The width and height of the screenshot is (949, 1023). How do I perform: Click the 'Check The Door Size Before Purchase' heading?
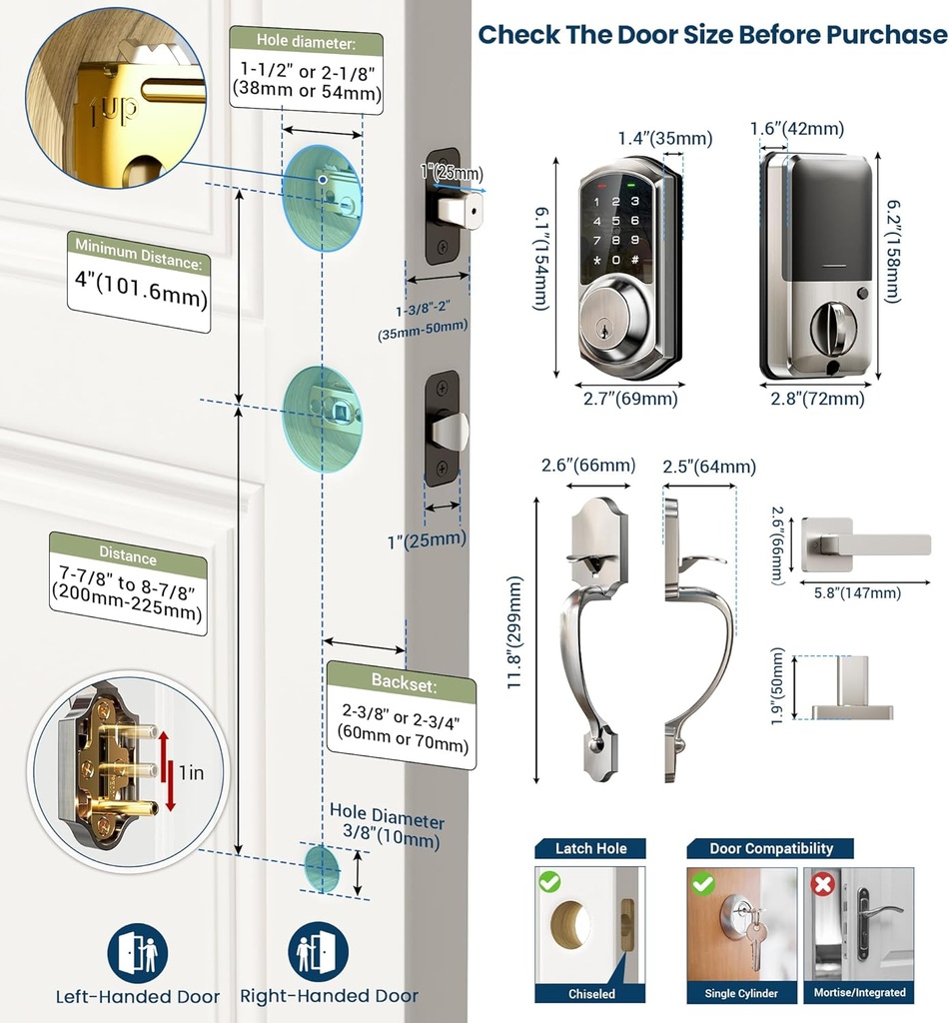coord(711,35)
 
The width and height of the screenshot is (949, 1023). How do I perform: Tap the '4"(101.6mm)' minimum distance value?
coord(140,298)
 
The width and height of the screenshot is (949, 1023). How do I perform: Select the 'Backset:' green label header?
coord(402,682)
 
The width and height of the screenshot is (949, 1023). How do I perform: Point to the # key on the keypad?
coord(634,261)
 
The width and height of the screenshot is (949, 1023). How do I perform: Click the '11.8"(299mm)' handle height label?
coord(515,632)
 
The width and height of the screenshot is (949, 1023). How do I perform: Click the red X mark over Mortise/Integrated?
coord(824,884)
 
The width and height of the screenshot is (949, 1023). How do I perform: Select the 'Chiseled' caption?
coord(591,993)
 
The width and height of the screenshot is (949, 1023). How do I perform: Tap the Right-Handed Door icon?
coord(319,952)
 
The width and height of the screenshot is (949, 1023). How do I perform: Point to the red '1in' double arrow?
coord(171,772)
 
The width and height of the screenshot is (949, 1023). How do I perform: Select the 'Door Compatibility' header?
coord(770,848)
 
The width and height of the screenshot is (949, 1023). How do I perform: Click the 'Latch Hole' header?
coord(591,848)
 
